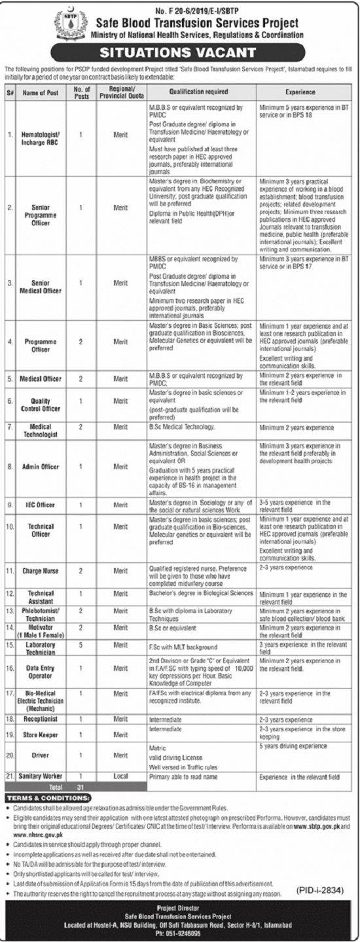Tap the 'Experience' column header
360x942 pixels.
pos(300,93)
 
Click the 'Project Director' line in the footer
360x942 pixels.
pos(180,907)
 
